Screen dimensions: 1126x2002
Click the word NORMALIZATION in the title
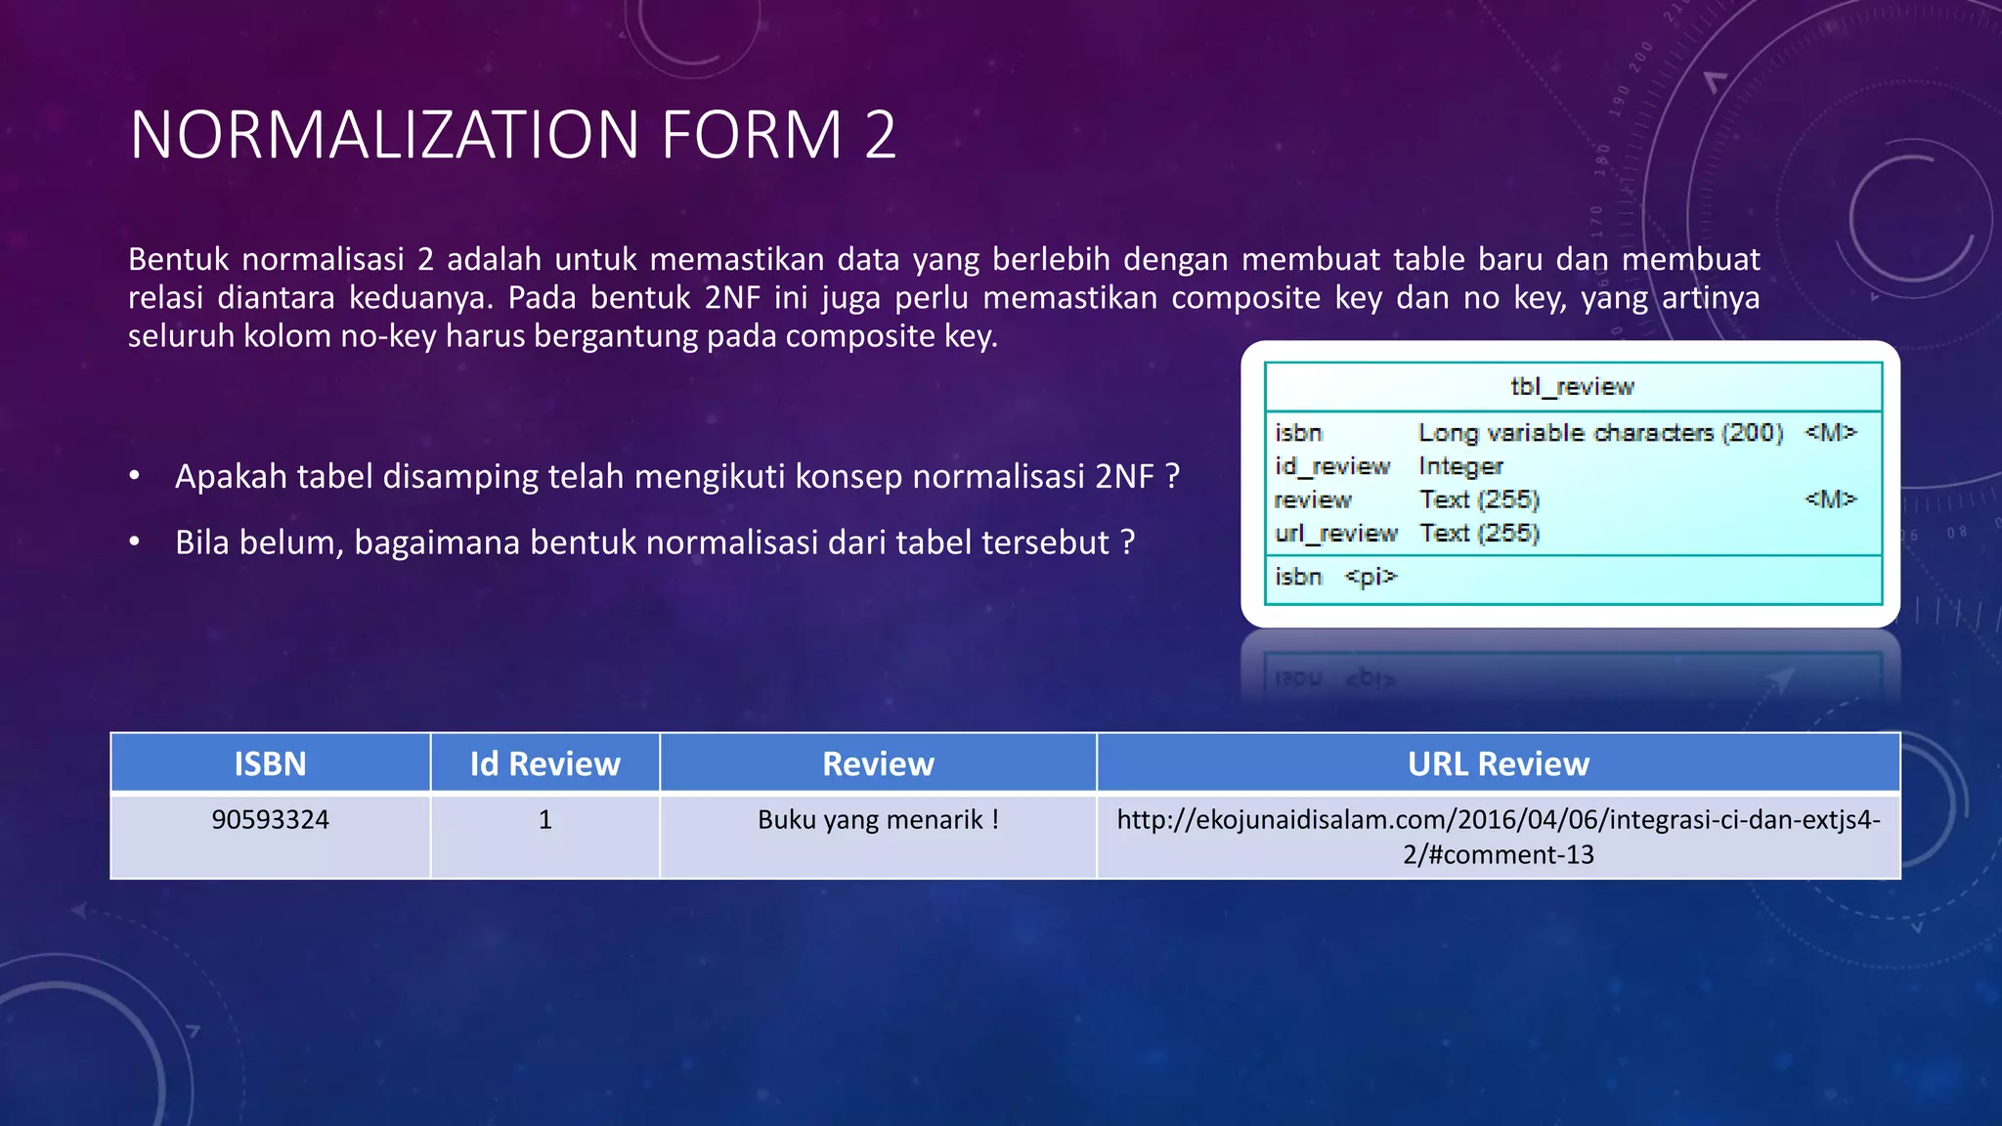[x=386, y=135]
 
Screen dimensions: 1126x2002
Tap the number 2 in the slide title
[x=880, y=135]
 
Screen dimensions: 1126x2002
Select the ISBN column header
[x=270, y=763]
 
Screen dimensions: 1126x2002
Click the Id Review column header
[x=544, y=763]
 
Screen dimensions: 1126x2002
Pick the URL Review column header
[x=1498, y=763]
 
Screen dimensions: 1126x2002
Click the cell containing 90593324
[x=270, y=819]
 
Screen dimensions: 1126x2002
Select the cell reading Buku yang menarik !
[x=878, y=819]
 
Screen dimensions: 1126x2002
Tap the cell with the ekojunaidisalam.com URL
[x=1498, y=837]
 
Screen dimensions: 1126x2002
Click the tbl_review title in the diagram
[x=1572, y=387]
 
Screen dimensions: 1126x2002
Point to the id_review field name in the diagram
[x=1331, y=466]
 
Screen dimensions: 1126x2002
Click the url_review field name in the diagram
[x=1335, y=533]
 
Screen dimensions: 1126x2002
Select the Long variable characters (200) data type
[x=1600, y=433]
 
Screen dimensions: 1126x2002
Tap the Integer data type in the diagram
[x=1460, y=466]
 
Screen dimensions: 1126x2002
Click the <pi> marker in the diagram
[x=1371, y=577]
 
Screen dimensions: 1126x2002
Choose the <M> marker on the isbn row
[x=1829, y=432]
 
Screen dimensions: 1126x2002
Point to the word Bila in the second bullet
[x=202, y=542]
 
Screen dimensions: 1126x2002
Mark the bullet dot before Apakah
[x=135, y=477]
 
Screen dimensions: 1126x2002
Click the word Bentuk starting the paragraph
[x=179, y=260]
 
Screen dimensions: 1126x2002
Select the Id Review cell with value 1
[x=544, y=819]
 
